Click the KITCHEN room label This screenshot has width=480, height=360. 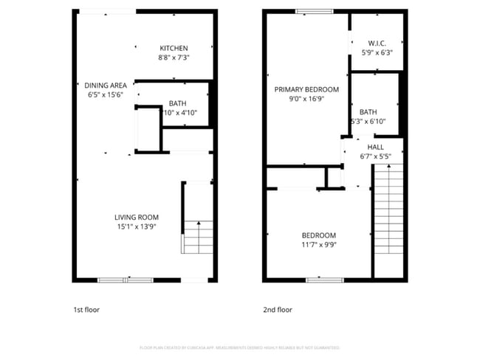(x=174, y=48)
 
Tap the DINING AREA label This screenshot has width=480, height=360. (x=106, y=85)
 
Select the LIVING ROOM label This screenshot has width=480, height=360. (x=137, y=217)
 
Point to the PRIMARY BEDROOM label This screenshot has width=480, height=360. (x=306, y=89)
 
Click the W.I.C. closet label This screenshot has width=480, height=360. (x=376, y=44)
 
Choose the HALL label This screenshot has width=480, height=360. (x=375, y=147)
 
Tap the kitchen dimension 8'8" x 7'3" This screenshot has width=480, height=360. (x=174, y=58)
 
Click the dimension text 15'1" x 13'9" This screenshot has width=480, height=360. (x=137, y=226)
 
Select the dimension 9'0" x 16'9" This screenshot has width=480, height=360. (x=306, y=99)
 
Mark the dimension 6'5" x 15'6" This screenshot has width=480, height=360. (x=106, y=94)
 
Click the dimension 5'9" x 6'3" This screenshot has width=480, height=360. (x=376, y=53)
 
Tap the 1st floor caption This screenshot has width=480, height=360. (x=87, y=310)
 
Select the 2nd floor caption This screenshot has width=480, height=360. (x=278, y=310)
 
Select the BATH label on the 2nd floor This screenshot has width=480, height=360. (x=368, y=112)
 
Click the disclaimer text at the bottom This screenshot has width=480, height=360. (x=240, y=347)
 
